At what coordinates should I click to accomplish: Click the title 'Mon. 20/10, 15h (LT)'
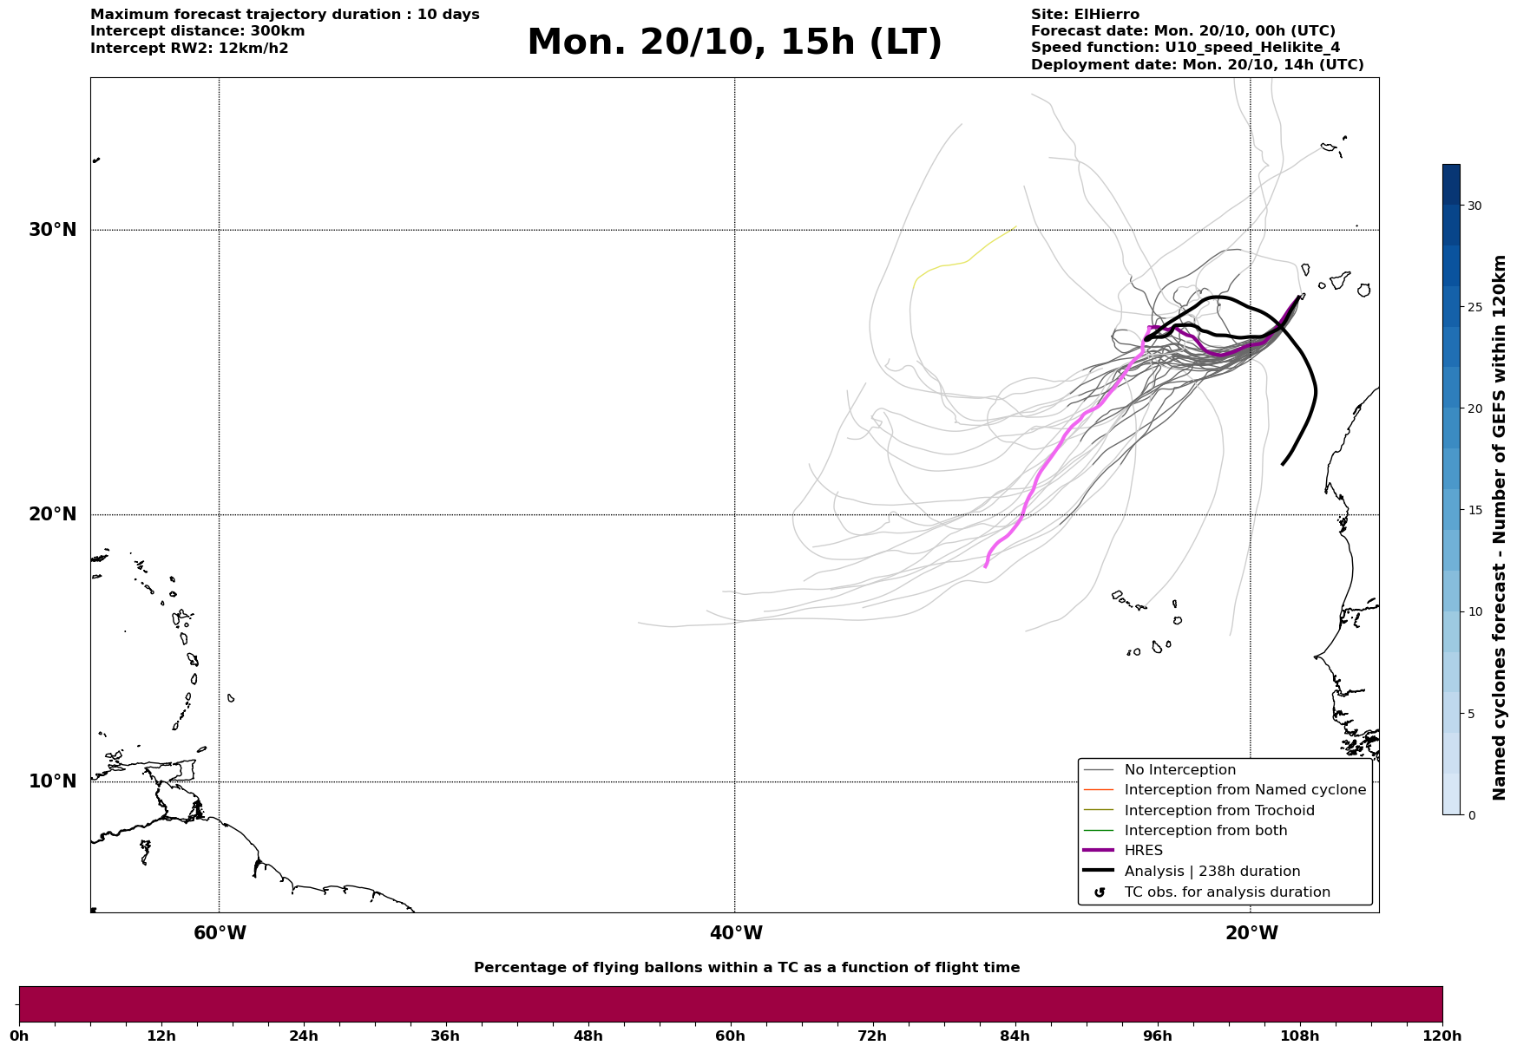tap(734, 43)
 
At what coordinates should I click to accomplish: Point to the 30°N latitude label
tap(53, 230)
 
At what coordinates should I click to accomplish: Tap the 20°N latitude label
tap(53, 514)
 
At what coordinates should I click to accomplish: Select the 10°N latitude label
tap(53, 781)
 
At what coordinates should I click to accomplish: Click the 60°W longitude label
tap(220, 933)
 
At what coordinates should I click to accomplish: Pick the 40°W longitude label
tap(736, 933)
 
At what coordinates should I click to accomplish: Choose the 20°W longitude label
tap(1251, 933)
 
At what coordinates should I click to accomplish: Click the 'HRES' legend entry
tap(1143, 851)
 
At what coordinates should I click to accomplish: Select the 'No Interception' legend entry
tap(1179, 770)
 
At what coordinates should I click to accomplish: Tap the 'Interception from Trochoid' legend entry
tap(1218, 811)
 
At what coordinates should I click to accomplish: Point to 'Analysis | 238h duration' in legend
tap(1212, 872)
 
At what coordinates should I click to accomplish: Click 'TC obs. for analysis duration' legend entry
tap(1226, 892)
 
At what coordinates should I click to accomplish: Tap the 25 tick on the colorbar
tap(1474, 307)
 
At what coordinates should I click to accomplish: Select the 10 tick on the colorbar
tap(1474, 611)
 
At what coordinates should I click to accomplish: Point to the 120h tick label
tap(1441, 1036)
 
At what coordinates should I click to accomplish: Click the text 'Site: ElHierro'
tap(1085, 15)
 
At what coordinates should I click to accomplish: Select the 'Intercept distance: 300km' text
tap(198, 31)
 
